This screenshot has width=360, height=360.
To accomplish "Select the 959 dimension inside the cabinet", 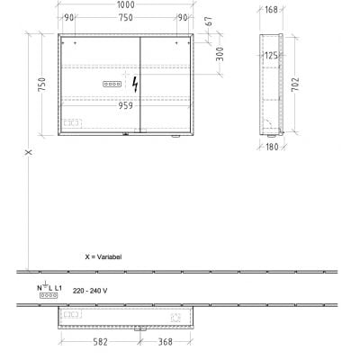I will pos(128,103).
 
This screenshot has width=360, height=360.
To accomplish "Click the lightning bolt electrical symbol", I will pos(136,84).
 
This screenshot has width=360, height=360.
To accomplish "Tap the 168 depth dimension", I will pos(271,11).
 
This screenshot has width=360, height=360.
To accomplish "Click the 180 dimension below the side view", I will pos(271,147).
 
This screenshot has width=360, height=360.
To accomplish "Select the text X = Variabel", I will pos(103,256).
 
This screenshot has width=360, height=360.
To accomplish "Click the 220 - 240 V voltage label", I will pos(90,290).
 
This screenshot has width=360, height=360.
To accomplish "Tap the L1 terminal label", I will pos(58,287).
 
